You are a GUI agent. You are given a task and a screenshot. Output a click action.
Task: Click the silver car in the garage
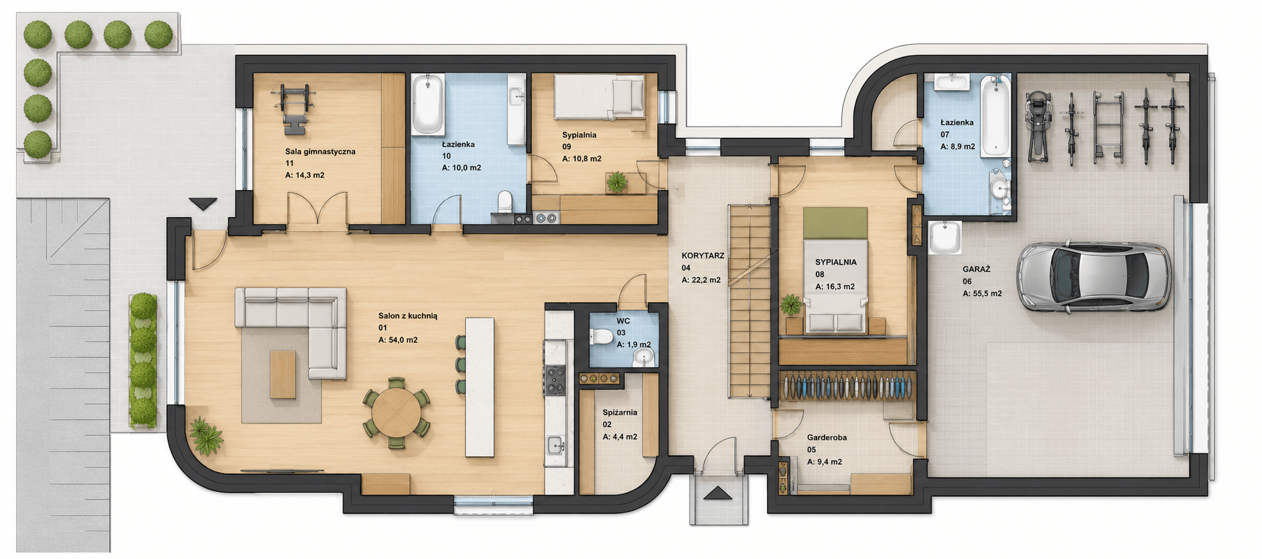(1093, 276)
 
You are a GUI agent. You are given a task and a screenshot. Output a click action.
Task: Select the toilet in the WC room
(602, 336)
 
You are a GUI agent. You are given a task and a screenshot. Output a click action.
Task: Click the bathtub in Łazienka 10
(427, 104)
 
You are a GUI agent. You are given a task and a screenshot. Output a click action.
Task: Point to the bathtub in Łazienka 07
(995, 116)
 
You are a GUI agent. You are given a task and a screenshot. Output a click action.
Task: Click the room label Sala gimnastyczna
(320, 152)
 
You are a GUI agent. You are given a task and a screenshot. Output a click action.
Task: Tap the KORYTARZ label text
(703, 256)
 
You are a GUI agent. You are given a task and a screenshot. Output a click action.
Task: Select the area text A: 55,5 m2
(982, 293)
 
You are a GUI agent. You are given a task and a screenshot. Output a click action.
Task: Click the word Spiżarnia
(620, 412)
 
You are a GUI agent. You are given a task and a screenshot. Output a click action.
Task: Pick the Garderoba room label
(827, 438)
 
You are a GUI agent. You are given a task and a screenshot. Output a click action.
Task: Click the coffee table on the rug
(283, 374)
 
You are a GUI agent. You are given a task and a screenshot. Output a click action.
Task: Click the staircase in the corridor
(750, 302)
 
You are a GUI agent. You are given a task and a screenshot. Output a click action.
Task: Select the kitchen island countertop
(480, 387)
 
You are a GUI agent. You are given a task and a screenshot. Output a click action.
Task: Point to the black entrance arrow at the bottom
(719, 493)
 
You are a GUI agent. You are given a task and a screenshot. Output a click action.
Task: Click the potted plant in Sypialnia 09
(616, 181)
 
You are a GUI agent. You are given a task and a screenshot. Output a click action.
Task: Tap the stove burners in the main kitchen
(555, 380)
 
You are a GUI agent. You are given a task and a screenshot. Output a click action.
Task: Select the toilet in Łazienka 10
(505, 201)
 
